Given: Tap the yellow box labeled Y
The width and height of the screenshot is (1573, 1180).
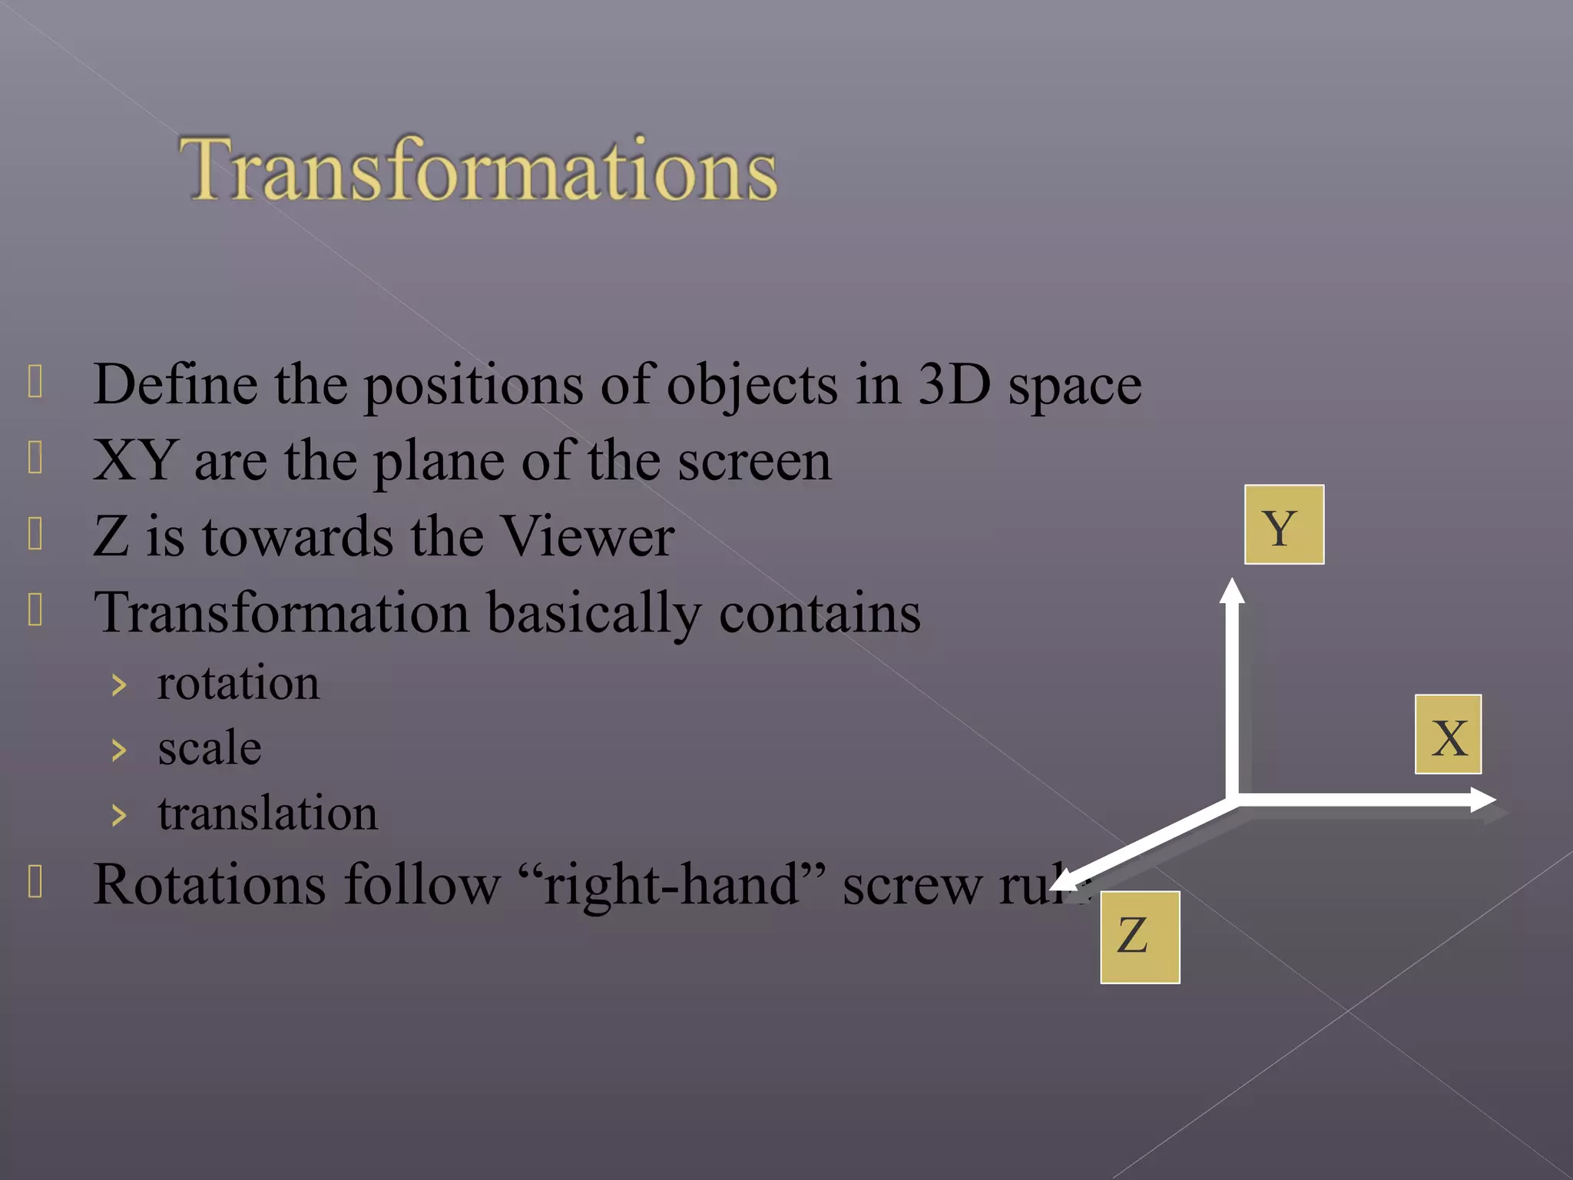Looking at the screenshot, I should pyautogui.click(x=1283, y=525).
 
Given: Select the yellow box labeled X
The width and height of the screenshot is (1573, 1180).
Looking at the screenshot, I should pyautogui.click(x=1448, y=734).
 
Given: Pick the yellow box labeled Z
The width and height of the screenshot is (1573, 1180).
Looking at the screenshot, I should pyautogui.click(x=1139, y=936).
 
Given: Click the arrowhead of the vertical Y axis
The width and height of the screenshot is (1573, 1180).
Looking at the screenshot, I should pyautogui.click(x=1232, y=592).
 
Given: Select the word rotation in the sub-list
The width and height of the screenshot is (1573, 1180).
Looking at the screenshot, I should pyautogui.click(x=238, y=683).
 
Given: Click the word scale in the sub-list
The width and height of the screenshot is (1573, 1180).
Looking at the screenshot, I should pyautogui.click(x=209, y=748).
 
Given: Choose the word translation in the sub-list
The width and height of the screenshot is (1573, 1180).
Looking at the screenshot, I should pyautogui.click(x=267, y=813).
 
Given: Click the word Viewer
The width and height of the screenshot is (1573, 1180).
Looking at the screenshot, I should pyautogui.click(x=588, y=536).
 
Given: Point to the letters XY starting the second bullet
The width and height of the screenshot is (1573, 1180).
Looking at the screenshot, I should pyautogui.click(x=135, y=460).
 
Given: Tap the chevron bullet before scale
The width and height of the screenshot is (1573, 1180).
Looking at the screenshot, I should pyautogui.click(x=118, y=750).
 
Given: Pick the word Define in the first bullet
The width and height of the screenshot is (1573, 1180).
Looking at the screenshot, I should pyautogui.click(x=175, y=383).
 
